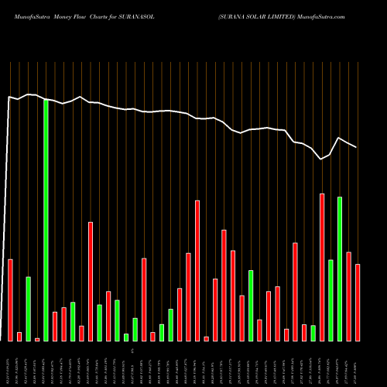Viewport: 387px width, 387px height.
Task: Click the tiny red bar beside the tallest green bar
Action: [37, 339]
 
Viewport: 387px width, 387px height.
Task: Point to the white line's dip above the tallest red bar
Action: [322, 159]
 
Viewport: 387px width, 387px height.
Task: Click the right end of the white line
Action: [357, 147]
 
